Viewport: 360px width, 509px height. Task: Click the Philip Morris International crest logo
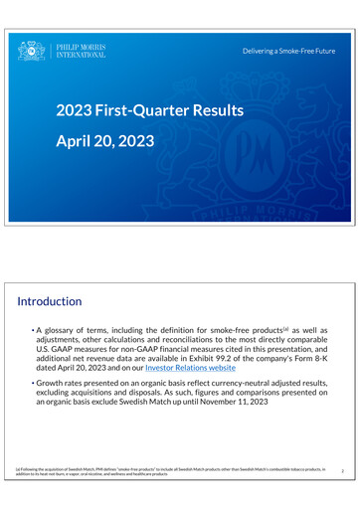click(32, 51)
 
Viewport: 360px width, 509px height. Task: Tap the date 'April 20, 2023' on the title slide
click(104, 141)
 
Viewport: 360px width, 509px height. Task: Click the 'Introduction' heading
click(50, 300)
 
